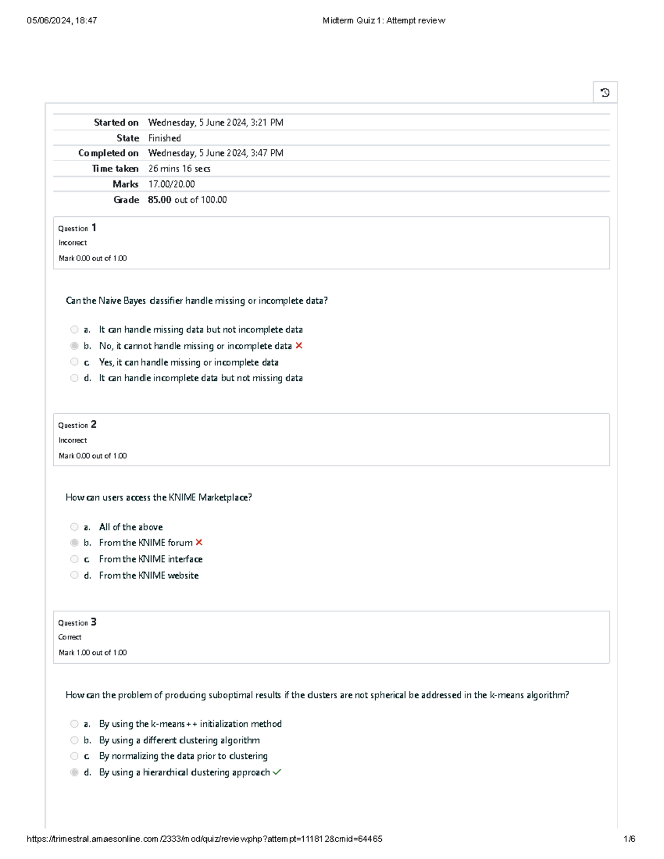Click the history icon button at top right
click(x=605, y=92)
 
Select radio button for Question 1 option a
click(x=74, y=330)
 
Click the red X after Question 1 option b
click(x=299, y=346)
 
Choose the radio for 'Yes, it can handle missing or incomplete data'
click(x=74, y=362)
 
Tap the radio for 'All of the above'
click(x=74, y=527)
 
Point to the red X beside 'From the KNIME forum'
click(x=199, y=543)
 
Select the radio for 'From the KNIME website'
click(x=74, y=575)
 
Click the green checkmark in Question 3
click(x=277, y=772)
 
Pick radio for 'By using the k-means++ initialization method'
click(x=74, y=724)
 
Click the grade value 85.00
click(x=159, y=200)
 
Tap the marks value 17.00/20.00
click(x=172, y=184)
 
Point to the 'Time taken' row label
click(x=115, y=169)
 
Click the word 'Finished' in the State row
click(x=164, y=138)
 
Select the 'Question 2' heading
click(x=77, y=425)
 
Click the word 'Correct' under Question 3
click(x=70, y=637)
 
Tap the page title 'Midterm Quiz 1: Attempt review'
click(x=383, y=20)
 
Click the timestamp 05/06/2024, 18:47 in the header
click(x=62, y=20)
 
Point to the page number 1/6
click(x=629, y=839)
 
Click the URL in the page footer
click(x=204, y=839)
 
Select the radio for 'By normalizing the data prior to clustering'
click(x=74, y=756)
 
